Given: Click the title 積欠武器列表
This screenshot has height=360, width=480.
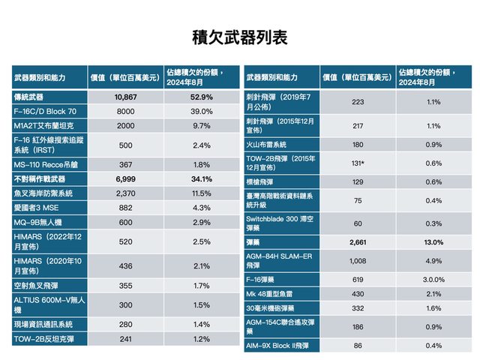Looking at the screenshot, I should (240, 37).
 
